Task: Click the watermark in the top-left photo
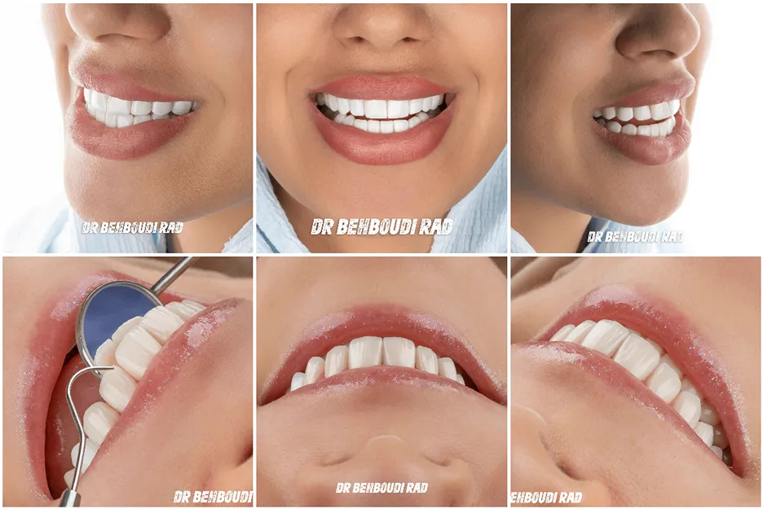132,227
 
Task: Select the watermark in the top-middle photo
382,226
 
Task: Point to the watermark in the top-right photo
634,237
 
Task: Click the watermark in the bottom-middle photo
382,488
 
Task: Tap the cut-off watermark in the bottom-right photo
546,498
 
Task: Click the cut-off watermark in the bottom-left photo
213,497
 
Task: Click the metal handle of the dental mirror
174,275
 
